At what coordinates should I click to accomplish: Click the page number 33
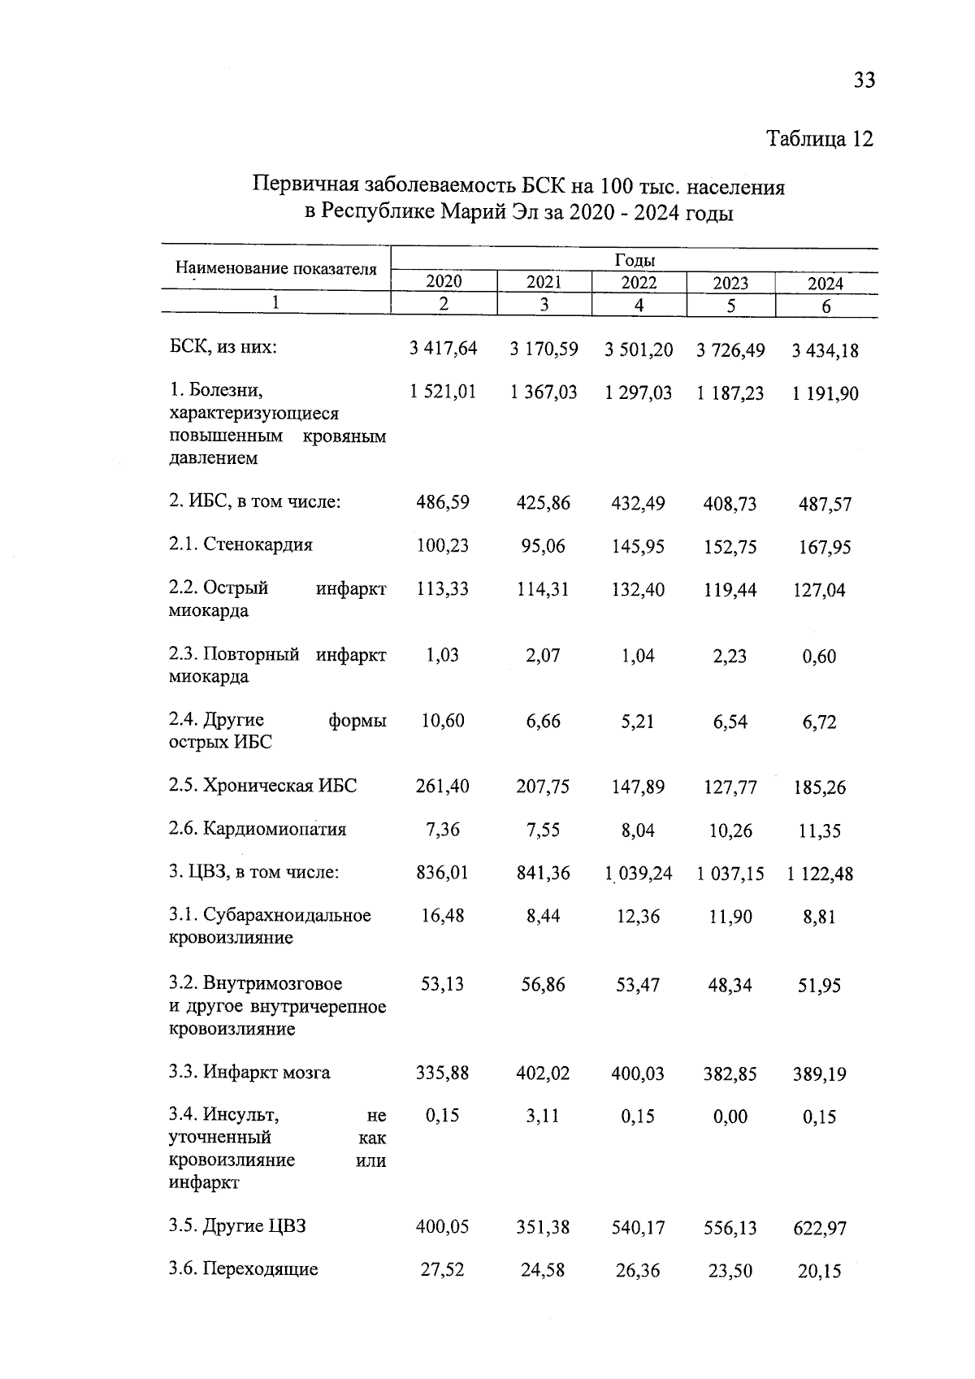pyautogui.click(x=864, y=80)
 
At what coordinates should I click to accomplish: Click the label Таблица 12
pyautogui.click(x=820, y=139)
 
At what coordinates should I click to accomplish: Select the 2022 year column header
pyautogui.click(x=639, y=283)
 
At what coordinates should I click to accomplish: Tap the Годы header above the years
pyautogui.click(x=635, y=260)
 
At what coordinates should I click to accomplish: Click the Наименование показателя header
pyautogui.click(x=276, y=268)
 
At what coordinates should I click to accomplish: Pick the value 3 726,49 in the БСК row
pyautogui.click(x=730, y=350)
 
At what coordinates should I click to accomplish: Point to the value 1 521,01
pyautogui.click(x=444, y=392)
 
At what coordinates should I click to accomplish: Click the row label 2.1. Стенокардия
pyautogui.click(x=240, y=544)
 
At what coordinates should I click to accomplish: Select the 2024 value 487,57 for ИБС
pyautogui.click(x=825, y=505)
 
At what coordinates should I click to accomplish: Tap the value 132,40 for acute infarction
pyautogui.click(x=638, y=589)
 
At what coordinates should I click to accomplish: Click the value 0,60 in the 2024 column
pyautogui.click(x=819, y=657)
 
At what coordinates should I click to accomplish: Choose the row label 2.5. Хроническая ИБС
pyautogui.click(x=262, y=786)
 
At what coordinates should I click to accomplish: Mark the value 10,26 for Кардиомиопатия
pyautogui.click(x=730, y=830)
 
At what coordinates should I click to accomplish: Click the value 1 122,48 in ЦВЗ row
pyautogui.click(x=821, y=874)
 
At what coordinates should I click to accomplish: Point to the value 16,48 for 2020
pyautogui.click(x=443, y=916)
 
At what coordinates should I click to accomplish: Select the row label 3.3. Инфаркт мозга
pyautogui.click(x=249, y=1072)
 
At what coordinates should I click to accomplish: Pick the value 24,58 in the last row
pyautogui.click(x=543, y=1269)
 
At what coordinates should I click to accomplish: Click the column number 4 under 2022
pyautogui.click(x=639, y=306)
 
